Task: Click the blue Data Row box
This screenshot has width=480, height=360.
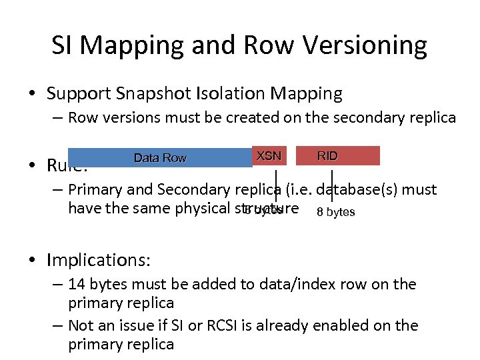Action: (x=160, y=157)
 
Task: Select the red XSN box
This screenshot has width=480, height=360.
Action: (x=269, y=156)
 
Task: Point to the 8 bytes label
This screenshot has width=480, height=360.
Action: (x=336, y=212)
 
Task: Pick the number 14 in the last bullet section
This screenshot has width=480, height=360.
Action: (x=77, y=284)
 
